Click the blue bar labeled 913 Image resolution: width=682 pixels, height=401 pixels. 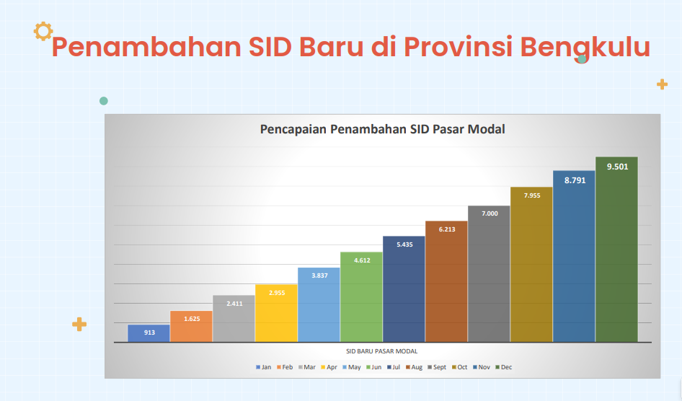click(x=149, y=333)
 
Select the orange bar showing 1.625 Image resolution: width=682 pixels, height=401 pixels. click(x=191, y=326)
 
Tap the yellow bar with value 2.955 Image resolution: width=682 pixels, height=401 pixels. click(x=276, y=313)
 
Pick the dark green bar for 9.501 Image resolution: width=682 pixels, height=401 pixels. click(x=616, y=250)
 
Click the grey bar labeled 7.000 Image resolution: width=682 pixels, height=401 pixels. click(x=489, y=274)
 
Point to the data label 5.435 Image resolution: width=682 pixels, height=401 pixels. click(x=404, y=244)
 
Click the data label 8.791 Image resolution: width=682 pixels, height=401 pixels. click(x=575, y=180)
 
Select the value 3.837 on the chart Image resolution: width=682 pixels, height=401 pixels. click(x=319, y=276)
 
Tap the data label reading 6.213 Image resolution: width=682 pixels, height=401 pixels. click(x=447, y=229)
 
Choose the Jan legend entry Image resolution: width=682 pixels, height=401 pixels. click(x=264, y=367)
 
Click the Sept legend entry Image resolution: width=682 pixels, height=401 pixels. click(x=437, y=367)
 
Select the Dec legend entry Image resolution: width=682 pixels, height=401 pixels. click(x=504, y=367)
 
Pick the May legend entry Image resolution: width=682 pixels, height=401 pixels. click(x=351, y=367)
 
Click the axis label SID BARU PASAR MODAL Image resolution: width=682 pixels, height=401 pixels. click(x=382, y=351)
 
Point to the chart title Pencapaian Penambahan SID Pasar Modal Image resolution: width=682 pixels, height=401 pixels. click(x=382, y=129)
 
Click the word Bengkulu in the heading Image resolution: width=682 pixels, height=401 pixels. click(x=585, y=47)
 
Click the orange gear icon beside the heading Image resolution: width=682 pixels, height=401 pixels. click(x=43, y=31)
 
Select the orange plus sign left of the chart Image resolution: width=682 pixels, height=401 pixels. click(x=79, y=324)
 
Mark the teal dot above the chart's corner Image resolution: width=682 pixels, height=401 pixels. click(x=104, y=101)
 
